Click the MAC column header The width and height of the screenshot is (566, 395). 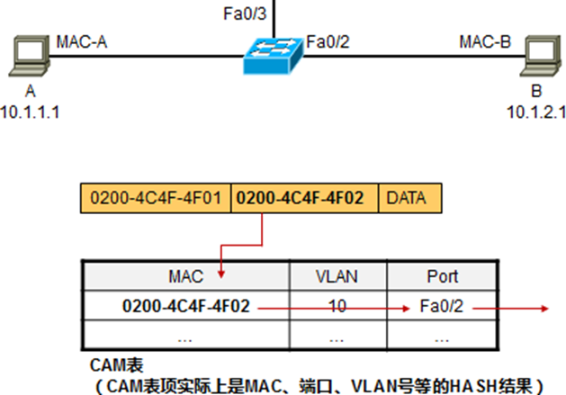tap(185, 275)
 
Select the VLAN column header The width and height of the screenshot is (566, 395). tap(337, 275)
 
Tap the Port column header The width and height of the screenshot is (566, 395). tap(442, 275)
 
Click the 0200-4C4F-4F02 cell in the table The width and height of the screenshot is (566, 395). tap(185, 308)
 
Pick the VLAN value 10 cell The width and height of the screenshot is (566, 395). tap(337, 308)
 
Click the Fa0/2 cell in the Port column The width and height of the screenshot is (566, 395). tap(442, 308)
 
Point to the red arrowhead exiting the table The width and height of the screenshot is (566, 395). tap(543, 308)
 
